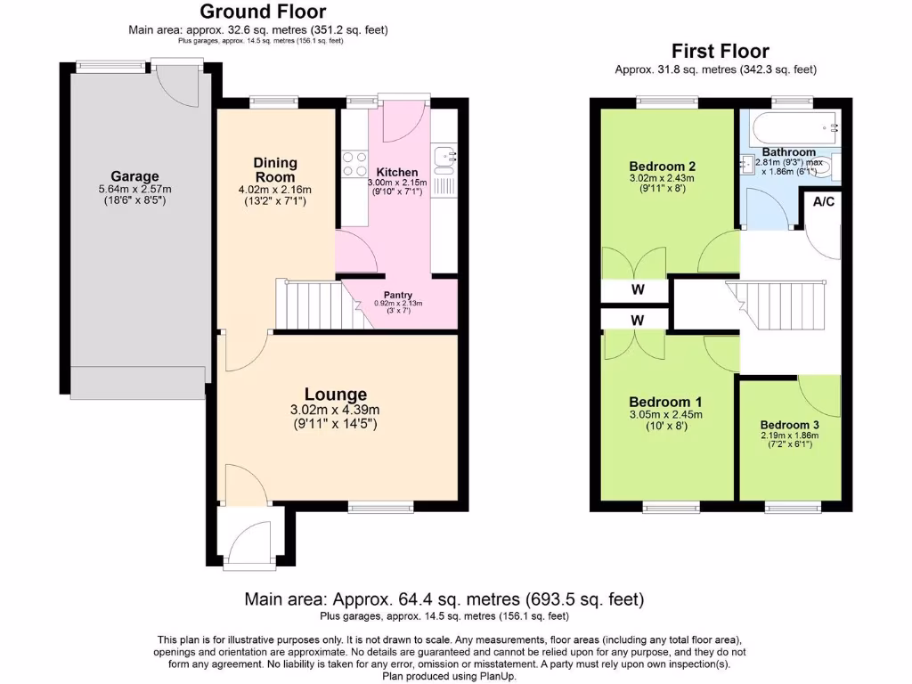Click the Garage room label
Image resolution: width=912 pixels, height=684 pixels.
click(134, 176)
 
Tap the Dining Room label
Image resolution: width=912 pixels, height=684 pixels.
click(274, 169)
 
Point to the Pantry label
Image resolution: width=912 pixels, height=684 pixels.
click(398, 295)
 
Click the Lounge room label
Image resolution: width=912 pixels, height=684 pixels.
click(336, 395)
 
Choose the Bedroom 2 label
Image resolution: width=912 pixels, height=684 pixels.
click(662, 167)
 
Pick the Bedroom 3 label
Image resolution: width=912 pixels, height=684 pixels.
click(789, 425)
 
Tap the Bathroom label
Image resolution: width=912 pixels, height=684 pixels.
click(788, 152)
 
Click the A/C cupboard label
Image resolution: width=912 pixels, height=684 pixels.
click(824, 202)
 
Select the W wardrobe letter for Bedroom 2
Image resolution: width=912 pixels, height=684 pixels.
click(637, 290)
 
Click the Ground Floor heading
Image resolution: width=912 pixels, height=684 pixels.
click(262, 12)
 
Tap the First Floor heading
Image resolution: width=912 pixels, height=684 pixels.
click(720, 51)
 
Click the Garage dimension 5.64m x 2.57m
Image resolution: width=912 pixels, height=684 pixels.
click(134, 190)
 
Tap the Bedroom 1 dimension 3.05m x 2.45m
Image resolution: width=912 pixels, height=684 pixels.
click(665, 414)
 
